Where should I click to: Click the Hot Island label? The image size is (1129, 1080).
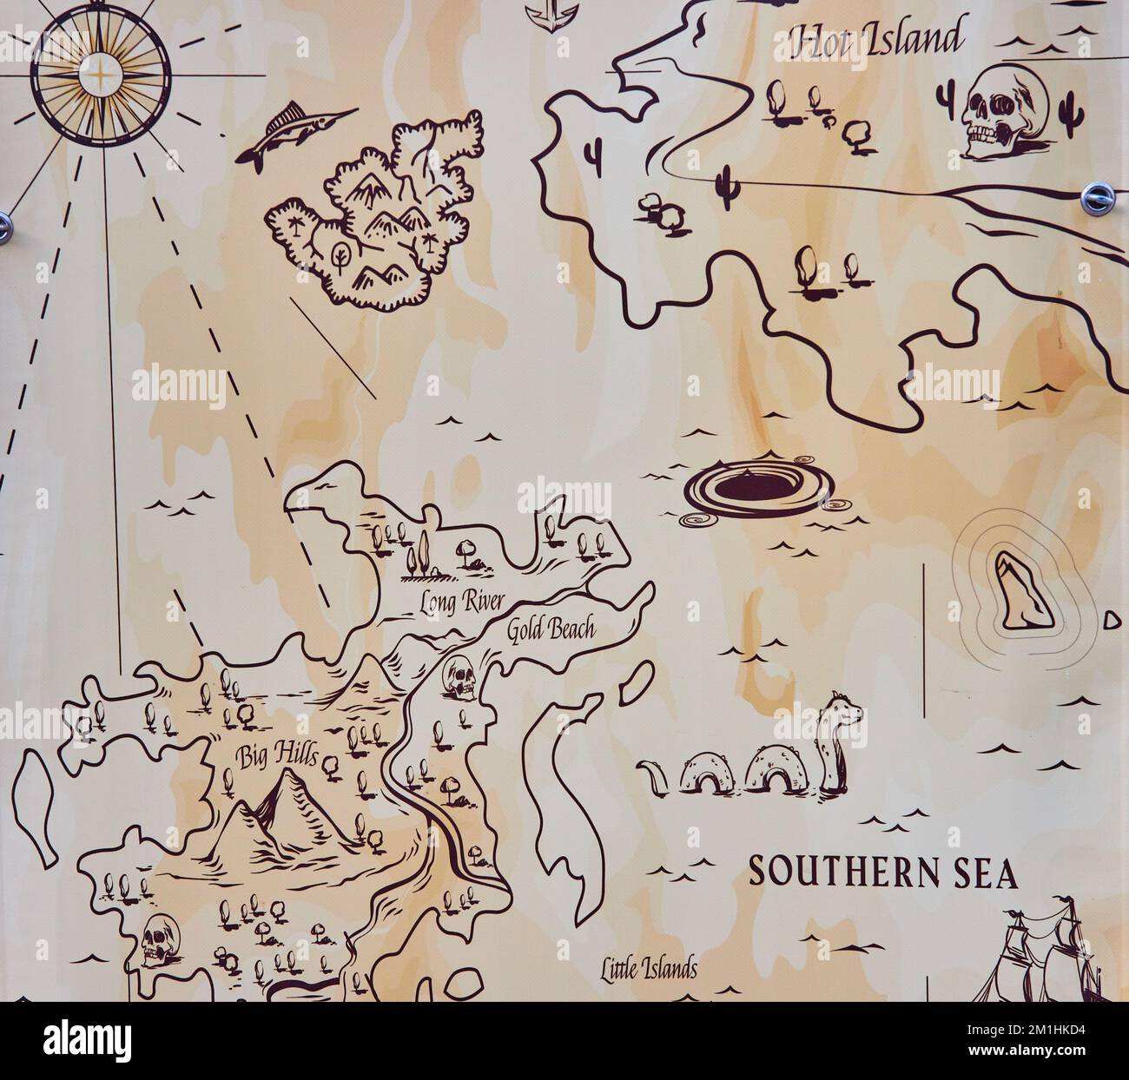coord(875,39)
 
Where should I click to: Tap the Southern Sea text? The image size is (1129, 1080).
coord(882,873)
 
